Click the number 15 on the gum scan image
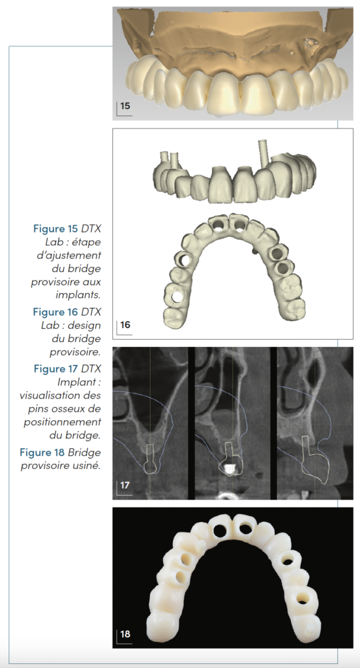click(125, 106)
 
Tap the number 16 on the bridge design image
click(125, 325)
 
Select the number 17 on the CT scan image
click(125, 485)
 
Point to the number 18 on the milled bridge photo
click(125, 634)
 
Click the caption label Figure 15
click(55, 229)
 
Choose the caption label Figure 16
click(55, 312)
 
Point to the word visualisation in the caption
click(60, 395)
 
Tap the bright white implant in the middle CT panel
click(229, 470)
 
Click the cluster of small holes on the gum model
click(311, 44)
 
